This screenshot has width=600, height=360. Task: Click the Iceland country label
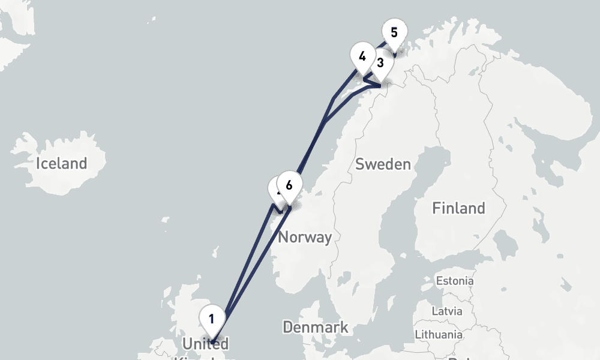pos(61,163)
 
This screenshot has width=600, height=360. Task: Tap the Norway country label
pos(305,237)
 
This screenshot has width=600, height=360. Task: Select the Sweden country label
pos(383,164)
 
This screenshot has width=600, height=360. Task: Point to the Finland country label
pos(458,208)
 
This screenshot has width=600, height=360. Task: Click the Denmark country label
pos(315,328)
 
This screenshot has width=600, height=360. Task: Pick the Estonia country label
pos(455,281)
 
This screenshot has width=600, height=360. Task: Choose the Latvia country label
pos(447,311)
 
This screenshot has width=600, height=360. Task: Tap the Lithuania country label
pos(440,334)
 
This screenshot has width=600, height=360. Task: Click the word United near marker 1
pos(205,344)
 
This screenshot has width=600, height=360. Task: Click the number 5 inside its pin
pos(394,32)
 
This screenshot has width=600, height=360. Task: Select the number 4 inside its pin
pos(362,57)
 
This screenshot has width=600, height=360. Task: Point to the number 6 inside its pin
pos(289,185)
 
